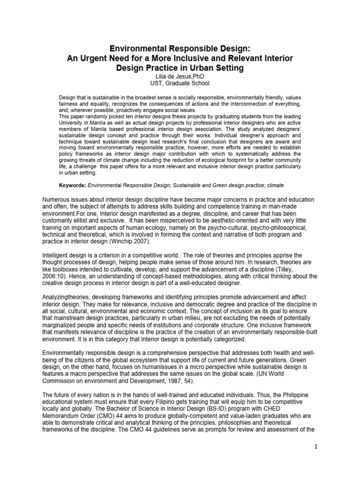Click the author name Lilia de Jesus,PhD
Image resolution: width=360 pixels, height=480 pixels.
pos(180,76)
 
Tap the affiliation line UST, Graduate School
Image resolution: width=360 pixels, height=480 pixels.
pos(180,83)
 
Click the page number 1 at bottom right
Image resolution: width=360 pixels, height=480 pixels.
pos(317,460)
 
